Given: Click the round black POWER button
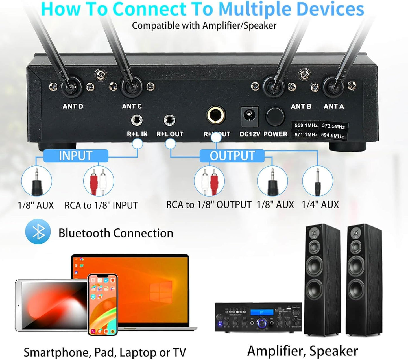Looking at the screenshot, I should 275,117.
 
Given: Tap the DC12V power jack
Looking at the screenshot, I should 250,116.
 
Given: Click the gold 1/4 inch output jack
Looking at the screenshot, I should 216,115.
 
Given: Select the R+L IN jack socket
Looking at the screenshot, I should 137,121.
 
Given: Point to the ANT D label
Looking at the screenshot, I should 73,106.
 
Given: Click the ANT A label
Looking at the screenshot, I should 334,106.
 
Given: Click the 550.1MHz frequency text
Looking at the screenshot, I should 306,125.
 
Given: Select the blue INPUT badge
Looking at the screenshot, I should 76,156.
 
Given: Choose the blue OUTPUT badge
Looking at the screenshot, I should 232,156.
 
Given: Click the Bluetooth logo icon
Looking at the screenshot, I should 38,232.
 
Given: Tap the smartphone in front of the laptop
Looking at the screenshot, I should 102,304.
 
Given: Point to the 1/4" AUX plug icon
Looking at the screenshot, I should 318,181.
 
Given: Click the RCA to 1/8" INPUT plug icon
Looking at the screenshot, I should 99,181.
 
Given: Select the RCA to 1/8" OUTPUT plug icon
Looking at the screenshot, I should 209,181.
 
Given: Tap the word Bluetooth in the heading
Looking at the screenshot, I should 84,233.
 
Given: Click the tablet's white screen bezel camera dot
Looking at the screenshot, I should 18,305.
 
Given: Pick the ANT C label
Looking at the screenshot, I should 132,106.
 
